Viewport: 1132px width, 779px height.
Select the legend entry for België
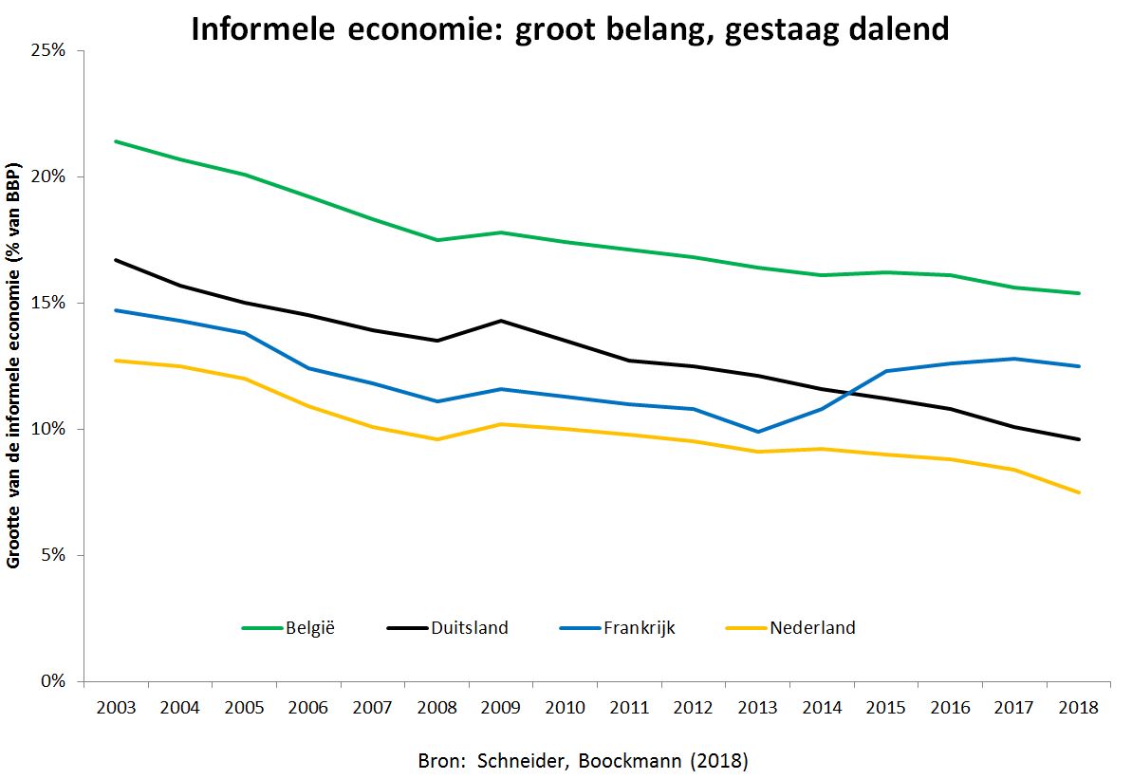point(310,627)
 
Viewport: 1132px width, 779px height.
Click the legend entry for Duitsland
point(469,627)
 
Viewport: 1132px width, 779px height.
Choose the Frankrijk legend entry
point(639,627)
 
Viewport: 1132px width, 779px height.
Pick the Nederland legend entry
point(812,627)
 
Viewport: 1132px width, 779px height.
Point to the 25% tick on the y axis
point(46,50)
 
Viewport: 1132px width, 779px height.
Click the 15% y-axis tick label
point(46,303)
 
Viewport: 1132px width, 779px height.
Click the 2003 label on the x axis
point(115,708)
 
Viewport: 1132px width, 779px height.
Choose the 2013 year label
point(757,708)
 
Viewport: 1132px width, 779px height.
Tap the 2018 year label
point(1078,708)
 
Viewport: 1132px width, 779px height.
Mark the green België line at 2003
point(115,141)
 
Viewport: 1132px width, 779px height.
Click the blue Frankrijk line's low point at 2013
point(757,432)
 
